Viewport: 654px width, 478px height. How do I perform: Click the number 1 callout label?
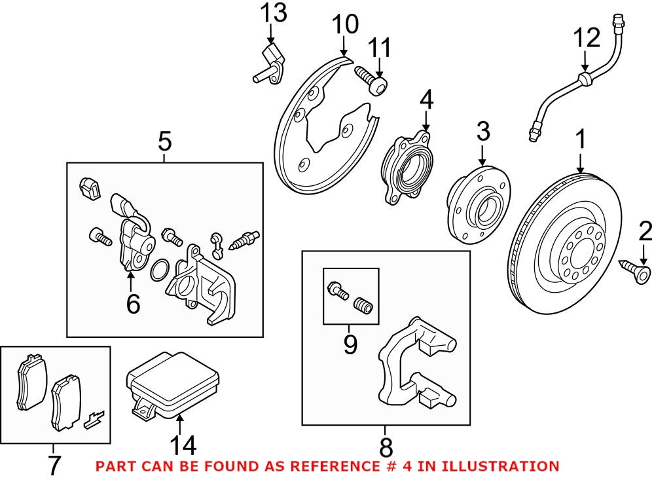(x=579, y=139)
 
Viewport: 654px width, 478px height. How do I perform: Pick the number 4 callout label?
(x=426, y=100)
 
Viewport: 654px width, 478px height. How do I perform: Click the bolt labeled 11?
(x=371, y=80)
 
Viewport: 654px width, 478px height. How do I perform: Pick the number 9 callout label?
(x=350, y=344)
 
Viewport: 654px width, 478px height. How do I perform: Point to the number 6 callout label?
(x=133, y=304)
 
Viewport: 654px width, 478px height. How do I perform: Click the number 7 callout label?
(x=54, y=465)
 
